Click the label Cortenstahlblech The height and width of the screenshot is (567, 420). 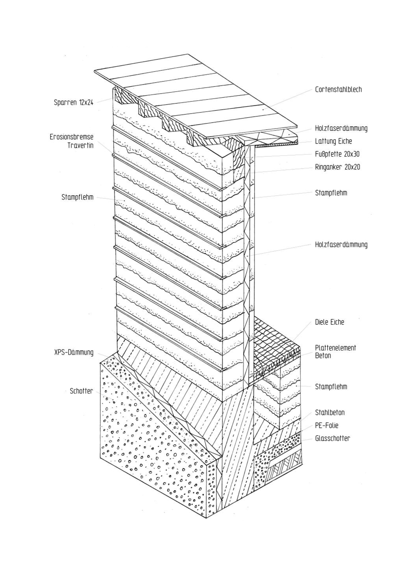(338, 90)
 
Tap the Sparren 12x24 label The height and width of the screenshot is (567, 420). (73, 102)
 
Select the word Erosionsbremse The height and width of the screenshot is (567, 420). (71, 137)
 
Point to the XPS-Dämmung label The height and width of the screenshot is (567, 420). (74, 352)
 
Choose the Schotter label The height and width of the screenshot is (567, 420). (81, 391)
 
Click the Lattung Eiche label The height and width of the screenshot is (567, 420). (333, 141)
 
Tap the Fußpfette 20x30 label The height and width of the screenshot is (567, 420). (337, 154)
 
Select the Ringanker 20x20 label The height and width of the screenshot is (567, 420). (337, 167)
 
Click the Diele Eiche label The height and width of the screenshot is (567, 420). (329, 322)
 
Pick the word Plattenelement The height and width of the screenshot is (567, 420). (335, 348)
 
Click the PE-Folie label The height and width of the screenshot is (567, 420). (326, 425)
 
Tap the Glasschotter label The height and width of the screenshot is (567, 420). (332, 438)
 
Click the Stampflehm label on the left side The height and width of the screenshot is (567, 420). (77, 197)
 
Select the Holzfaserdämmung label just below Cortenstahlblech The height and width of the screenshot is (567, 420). (341, 128)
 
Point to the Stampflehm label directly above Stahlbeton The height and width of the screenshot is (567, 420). (331, 387)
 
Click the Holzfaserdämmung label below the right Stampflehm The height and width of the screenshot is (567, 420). (341, 245)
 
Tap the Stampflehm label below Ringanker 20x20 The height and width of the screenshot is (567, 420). (331, 193)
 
